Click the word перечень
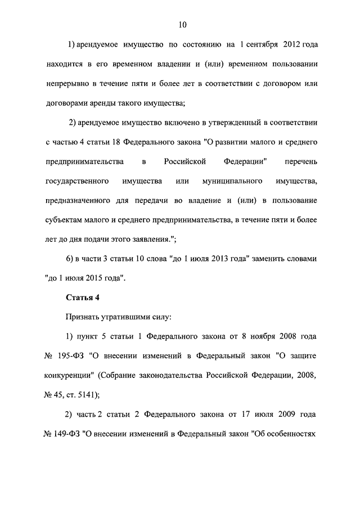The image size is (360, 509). click(x=302, y=161)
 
